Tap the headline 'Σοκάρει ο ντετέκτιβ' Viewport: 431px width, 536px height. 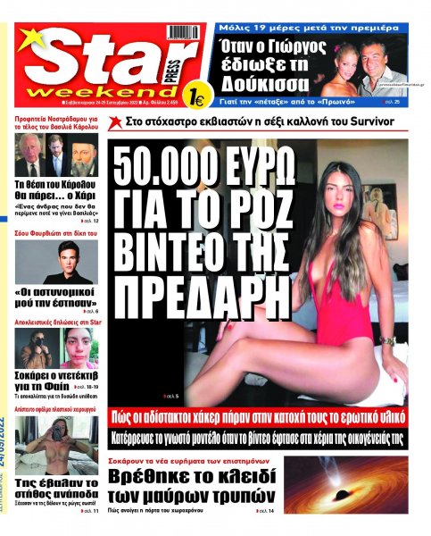pyautogui.click(x=58, y=376)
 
